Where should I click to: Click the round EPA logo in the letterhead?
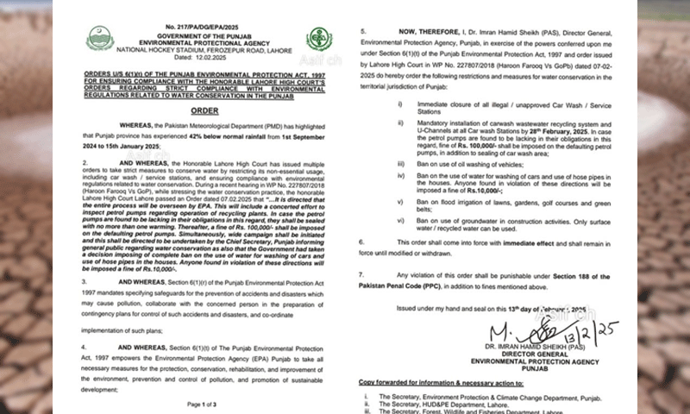(318, 39)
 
